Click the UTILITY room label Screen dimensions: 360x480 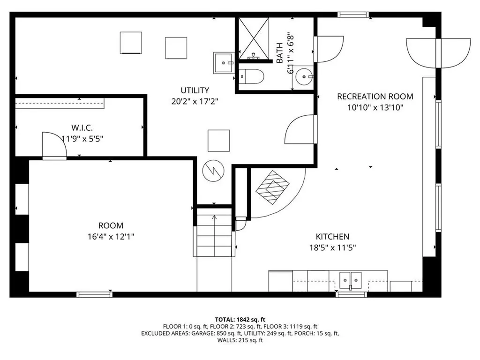click(195, 90)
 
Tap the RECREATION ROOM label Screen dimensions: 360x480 click(375, 97)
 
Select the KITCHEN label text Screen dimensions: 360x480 click(332, 237)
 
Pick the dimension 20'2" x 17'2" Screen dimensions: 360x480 click(195, 101)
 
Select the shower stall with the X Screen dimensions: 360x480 click(254, 38)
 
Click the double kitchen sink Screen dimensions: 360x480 click(351, 280)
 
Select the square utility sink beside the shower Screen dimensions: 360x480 click(224, 63)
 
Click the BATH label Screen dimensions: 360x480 click(280, 53)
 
